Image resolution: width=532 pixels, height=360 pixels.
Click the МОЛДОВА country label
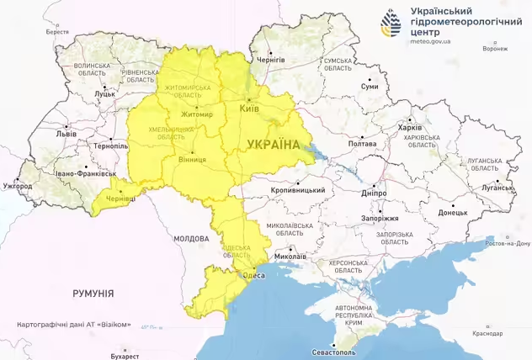(191, 239)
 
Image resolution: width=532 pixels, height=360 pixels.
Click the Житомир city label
(196, 115)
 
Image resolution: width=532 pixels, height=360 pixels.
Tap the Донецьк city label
(453, 213)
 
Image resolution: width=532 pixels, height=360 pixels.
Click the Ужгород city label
(17, 185)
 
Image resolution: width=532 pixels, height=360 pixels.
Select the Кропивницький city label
(299, 191)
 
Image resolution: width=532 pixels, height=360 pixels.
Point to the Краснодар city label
(488, 334)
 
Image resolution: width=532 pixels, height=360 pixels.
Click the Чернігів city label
(271, 60)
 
